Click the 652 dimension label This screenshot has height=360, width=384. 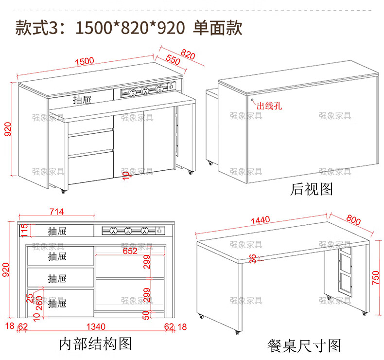[x=129, y=251]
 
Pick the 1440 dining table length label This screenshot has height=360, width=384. [x=260, y=220]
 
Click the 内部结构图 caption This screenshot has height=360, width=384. [x=95, y=344]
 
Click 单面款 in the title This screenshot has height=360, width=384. [x=217, y=26]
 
